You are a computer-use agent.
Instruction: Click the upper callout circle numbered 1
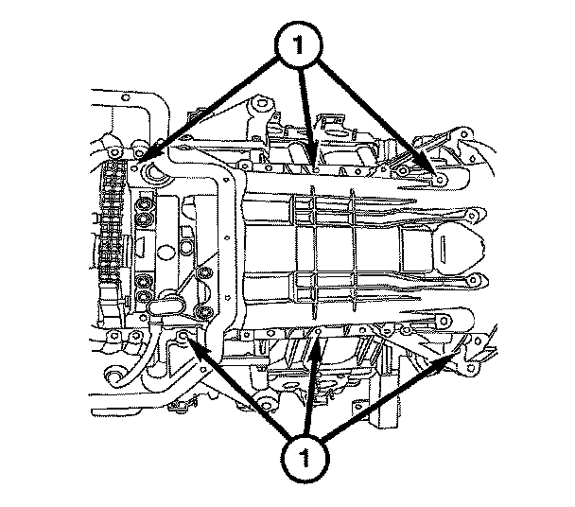299,44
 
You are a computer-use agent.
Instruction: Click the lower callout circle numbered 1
305,458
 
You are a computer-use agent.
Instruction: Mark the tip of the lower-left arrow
185,337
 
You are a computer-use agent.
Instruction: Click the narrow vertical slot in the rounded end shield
443,250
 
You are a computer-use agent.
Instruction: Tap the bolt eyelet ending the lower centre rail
473,280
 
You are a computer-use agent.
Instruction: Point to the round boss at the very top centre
261,103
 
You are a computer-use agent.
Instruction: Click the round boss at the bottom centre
265,406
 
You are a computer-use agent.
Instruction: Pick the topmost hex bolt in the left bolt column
143,203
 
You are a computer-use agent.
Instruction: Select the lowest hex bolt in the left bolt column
144,295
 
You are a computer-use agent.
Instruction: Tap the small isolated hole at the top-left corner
125,97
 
